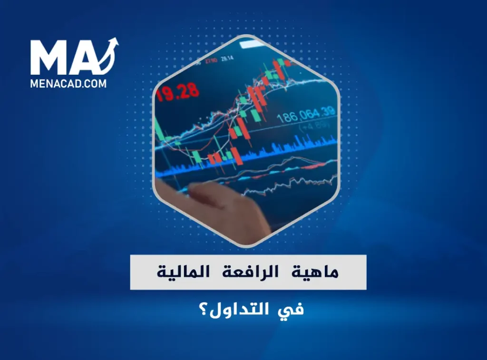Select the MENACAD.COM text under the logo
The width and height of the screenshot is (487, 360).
(68, 83)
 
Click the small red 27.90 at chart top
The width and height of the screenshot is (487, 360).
(213, 60)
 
